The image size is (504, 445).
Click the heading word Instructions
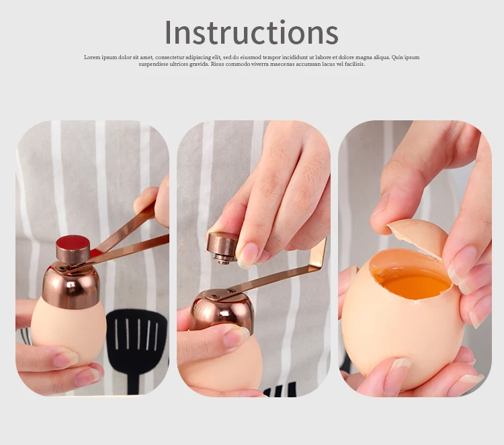tap(251, 32)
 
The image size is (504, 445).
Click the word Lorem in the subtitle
tap(92, 57)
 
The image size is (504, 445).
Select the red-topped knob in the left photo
tap(73, 247)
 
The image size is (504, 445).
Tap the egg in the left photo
tap(68, 331)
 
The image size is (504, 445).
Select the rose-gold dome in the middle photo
tap(222, 311)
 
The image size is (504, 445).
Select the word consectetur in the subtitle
tap(171, 57)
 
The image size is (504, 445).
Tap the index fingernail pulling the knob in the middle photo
tap(248, 255)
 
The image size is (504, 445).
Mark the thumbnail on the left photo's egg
tap(65, 359)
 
